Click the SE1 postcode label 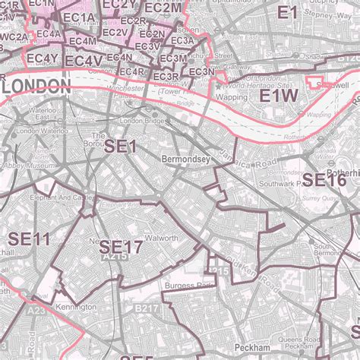121,147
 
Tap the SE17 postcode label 121,247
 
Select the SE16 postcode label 325,180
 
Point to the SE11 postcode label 30,238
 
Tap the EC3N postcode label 201,72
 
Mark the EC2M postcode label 163,8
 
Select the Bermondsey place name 186,159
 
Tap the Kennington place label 75,307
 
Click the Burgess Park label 185,286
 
